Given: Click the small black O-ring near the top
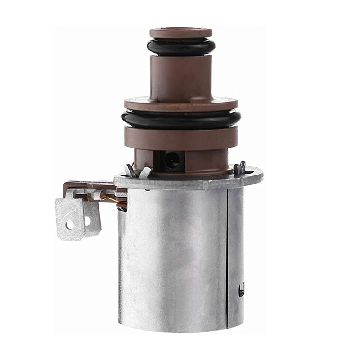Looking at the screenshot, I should click(180, 47).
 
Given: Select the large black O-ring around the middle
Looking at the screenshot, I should click(180, 119).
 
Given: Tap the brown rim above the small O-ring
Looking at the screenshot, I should click(180, 33).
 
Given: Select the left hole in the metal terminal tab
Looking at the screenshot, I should click(70, 223).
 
